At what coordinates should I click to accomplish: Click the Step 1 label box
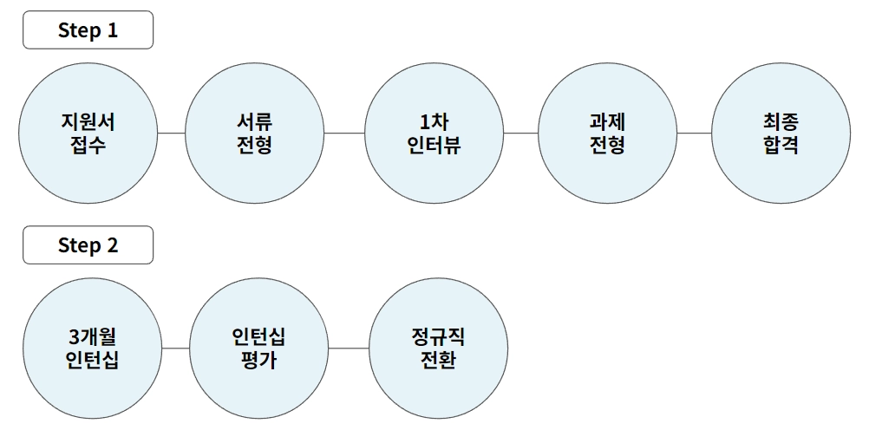point(88,30)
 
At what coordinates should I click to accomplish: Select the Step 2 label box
point(88,245)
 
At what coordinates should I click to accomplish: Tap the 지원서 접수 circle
point(88,134)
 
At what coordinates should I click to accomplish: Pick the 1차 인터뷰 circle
point(434,134)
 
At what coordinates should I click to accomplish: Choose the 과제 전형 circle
point(607,134)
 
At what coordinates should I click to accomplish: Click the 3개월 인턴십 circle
point(93,348)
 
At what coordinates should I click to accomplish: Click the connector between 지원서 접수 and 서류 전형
point(172,134)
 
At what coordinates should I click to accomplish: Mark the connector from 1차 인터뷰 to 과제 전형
point(520,134)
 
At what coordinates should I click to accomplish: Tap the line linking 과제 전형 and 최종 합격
point(694,134)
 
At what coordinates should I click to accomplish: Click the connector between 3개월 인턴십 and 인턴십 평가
point(176,348)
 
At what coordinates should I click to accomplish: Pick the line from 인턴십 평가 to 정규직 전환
point(350,348)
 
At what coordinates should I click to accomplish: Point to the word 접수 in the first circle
point(88,146)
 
